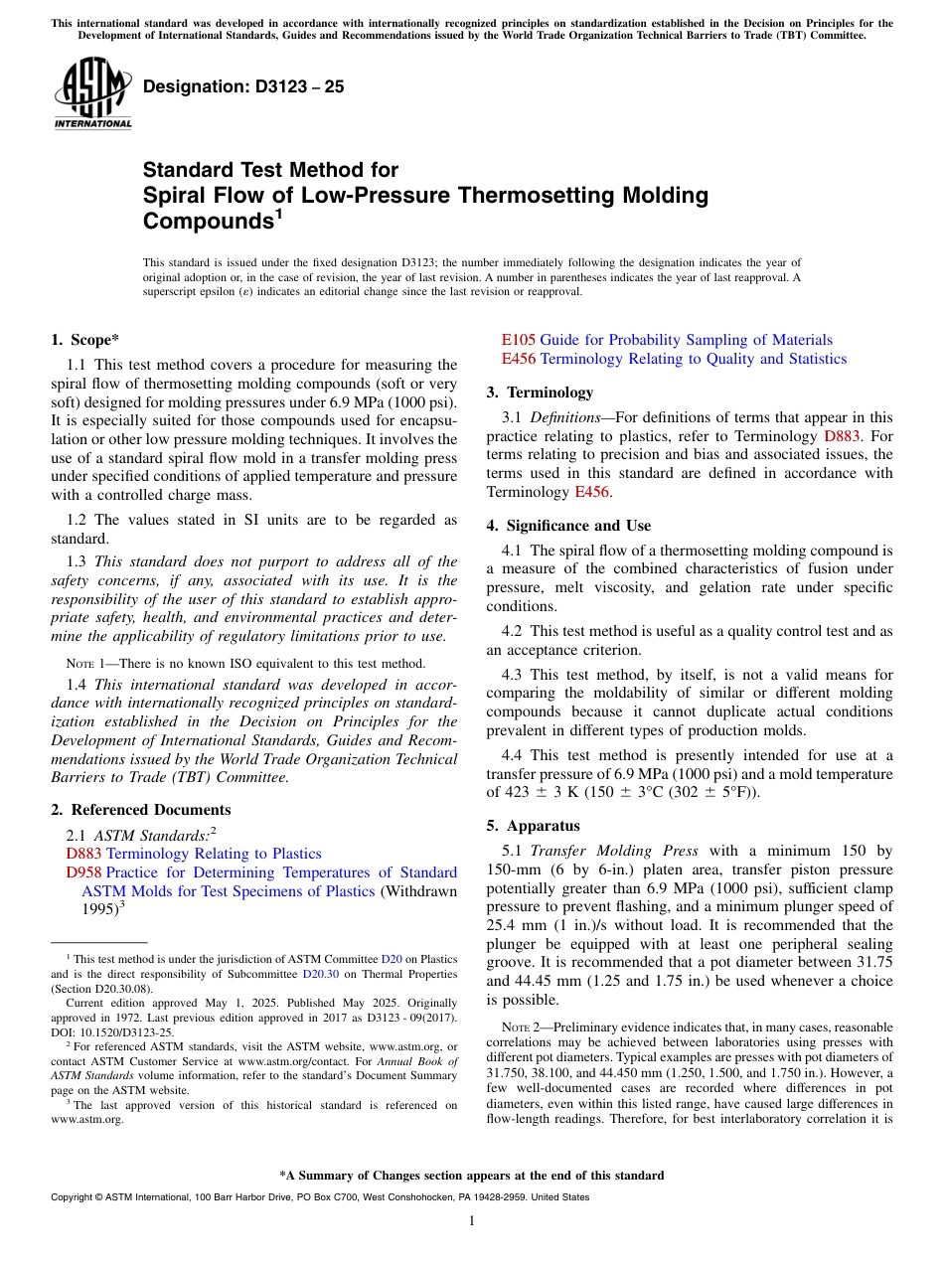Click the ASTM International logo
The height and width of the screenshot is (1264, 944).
pyautogui.click(x=92, y=95)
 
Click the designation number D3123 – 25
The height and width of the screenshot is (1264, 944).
pyautogui.click(x=243, y=86)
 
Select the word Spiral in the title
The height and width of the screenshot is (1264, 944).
pyautogui.click(x=175, y=196)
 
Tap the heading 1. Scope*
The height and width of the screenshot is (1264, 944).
pyautogui.click(x=84, y=340)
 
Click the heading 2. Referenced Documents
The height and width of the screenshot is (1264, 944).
pyautogui.click(x=141, y=810)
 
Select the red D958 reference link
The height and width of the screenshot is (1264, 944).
pyautogui.click(x=83, y=872)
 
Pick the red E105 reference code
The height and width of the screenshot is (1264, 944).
pyautogui.click(x=518, y=340)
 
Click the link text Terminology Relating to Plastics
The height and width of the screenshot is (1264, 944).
pyautogui.click(x=214, y=854)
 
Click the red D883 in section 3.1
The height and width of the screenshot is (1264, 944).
pyautogui.click(x=842, y=436)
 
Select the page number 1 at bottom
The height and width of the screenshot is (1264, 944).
pyautogui.click(x=472, y=1221)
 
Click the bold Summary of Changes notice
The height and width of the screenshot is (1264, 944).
pyautogui.click(x=472, y=1176)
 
